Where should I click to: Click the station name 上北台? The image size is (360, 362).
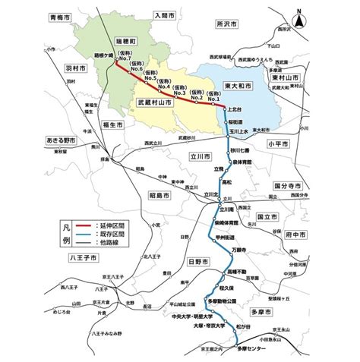(x=234, y=110)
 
